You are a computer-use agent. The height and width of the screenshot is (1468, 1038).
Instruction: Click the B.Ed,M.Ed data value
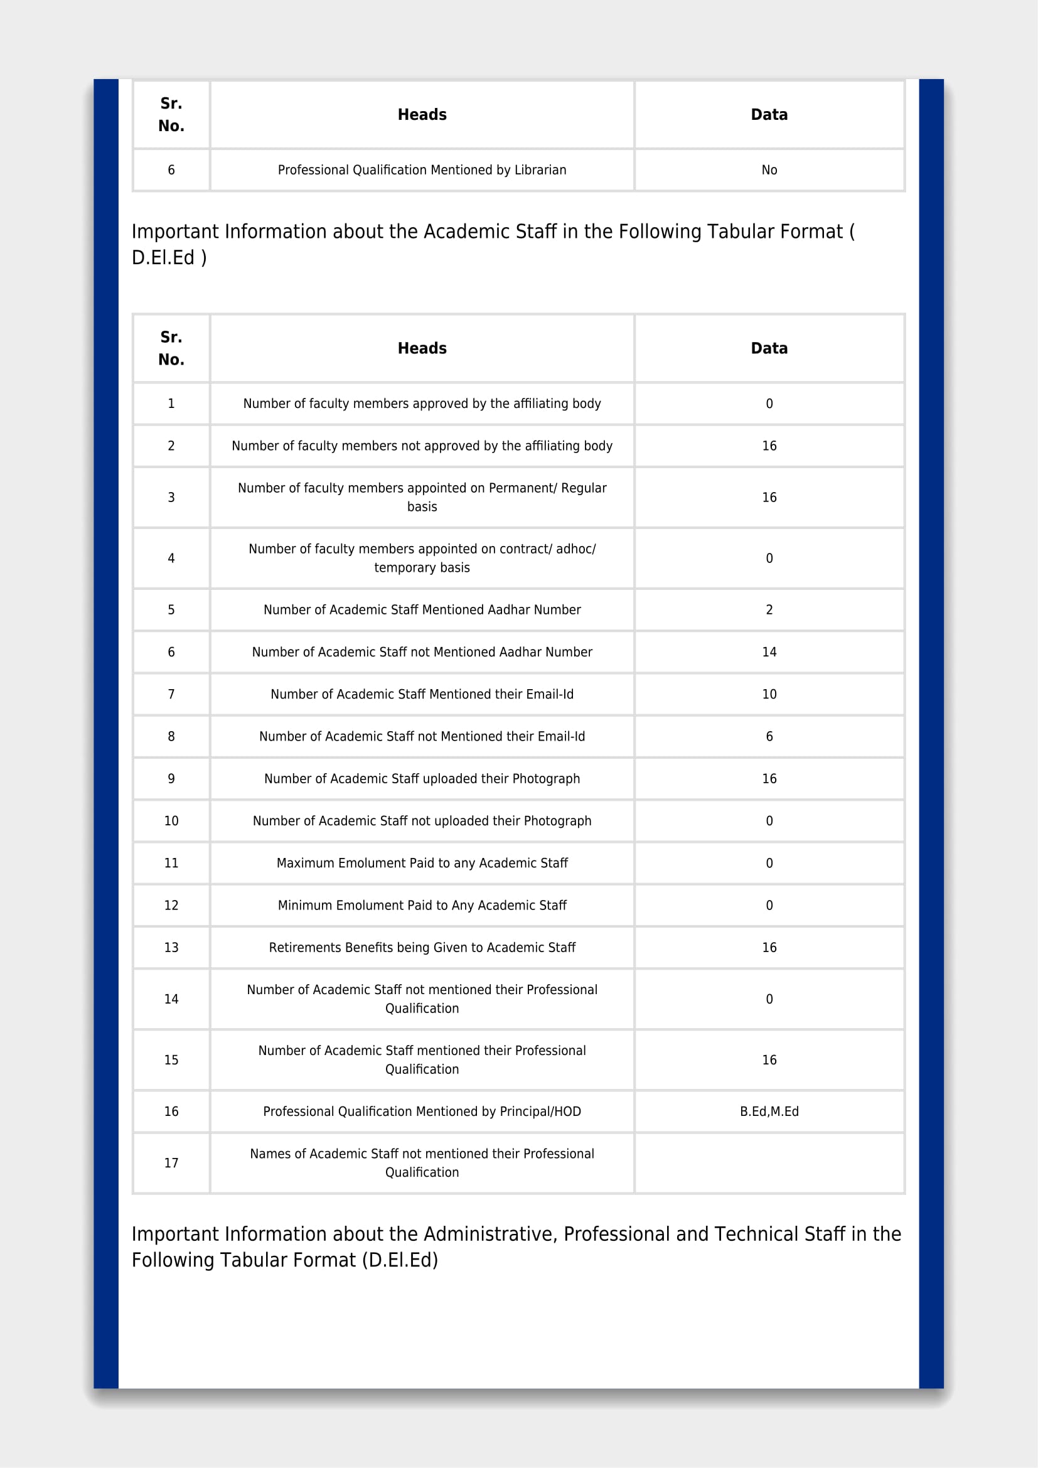pos(769,1112)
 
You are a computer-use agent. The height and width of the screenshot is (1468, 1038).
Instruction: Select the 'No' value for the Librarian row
pos(769,170)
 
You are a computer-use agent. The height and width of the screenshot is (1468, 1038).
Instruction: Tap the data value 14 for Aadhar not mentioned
pos(769,652)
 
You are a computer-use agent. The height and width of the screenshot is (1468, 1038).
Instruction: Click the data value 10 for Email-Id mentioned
pos(769,694)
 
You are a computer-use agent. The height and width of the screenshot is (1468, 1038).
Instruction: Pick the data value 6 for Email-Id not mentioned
pos(769,737)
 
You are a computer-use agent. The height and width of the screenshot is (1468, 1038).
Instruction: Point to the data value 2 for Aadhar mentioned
pos(769,610)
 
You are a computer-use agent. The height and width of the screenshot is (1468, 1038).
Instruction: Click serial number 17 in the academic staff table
pos(171,1163)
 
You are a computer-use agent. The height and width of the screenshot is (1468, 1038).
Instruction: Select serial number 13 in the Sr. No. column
pos(171,948)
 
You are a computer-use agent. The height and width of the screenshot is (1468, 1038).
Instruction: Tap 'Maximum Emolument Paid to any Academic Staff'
pos(422,863)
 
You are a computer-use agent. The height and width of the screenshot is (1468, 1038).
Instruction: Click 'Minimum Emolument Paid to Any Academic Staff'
pos(422,906)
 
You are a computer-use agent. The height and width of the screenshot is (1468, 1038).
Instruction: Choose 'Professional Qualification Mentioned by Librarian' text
pos(422,170)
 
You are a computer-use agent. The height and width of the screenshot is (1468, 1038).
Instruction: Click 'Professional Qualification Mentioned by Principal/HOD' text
pos(422,1112)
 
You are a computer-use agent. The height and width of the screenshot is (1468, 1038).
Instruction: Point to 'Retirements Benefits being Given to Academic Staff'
pos(422,948)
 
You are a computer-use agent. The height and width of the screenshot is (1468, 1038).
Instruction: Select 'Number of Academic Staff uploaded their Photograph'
pos(422,779)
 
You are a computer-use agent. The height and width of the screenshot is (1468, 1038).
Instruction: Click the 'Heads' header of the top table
pos(422,115)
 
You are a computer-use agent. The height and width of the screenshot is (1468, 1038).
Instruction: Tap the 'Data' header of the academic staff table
pos(769,348)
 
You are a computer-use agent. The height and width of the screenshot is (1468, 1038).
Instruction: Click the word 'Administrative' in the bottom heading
pos(489,1234)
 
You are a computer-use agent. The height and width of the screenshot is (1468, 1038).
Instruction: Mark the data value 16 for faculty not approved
pos(769,446)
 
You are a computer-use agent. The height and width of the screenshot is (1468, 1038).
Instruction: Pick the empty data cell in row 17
pos(769,1163)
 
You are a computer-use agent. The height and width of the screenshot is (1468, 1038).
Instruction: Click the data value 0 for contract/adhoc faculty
pos(769,558)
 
